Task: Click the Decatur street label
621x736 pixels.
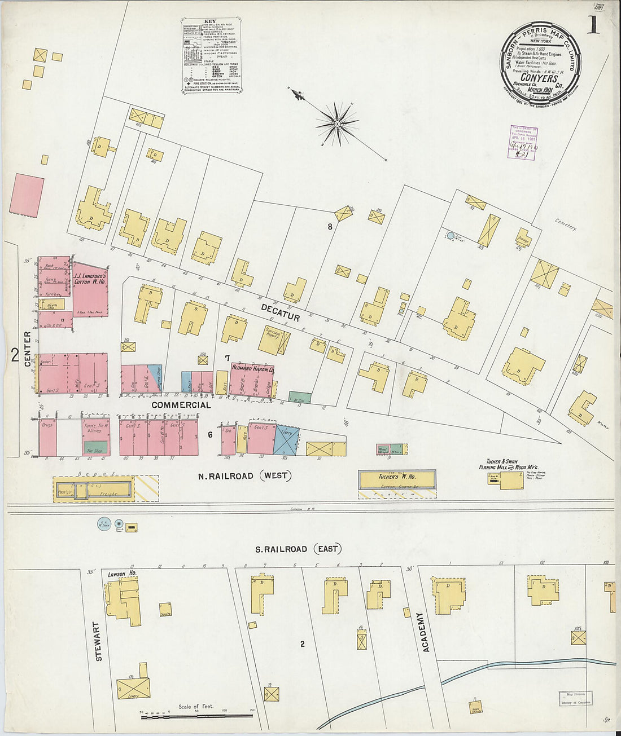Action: tap(280, 312)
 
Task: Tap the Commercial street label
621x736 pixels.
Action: tap(181, 405)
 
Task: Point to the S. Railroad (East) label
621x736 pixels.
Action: tap(297, 549)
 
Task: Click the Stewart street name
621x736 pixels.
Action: tap(99, 642)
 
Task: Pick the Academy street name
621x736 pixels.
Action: tap(426, 632)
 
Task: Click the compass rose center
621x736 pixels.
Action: tap(337, 122)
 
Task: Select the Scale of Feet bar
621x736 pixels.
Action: tap(196, 715)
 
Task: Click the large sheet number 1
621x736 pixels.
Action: tap(593, 24)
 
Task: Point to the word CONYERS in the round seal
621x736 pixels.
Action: tap(540, 79)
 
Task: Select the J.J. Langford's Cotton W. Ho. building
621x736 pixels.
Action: tap(90, 289)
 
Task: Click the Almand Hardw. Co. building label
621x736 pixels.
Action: tap(252, 369)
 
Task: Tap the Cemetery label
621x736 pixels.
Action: tap(565, 224)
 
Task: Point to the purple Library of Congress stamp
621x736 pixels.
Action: tap(522, 142)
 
